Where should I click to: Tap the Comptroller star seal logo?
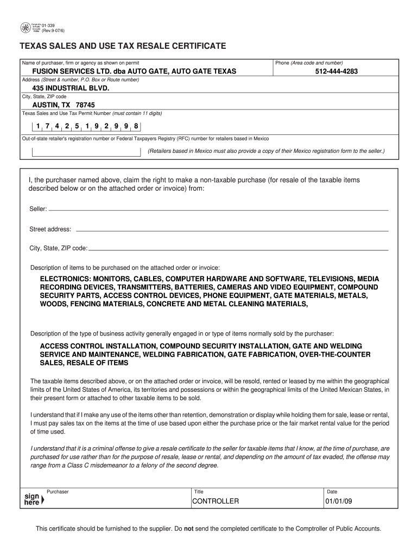click(x=25, y=28)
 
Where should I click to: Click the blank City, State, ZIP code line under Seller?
click(x=239, y=248)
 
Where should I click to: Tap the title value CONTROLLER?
click(x=216, y=501)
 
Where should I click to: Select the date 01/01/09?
click(x=339, y=501)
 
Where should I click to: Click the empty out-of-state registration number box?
click(x=86, y=151)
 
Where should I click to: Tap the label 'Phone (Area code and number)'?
click(x=309, y=63)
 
